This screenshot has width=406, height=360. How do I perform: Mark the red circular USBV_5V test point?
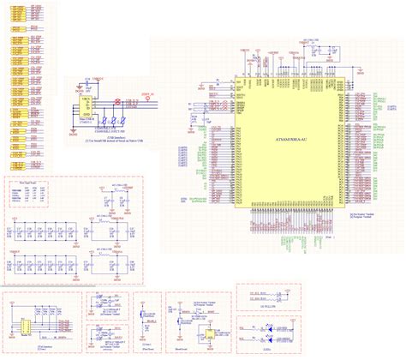click(x=146, y=95)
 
